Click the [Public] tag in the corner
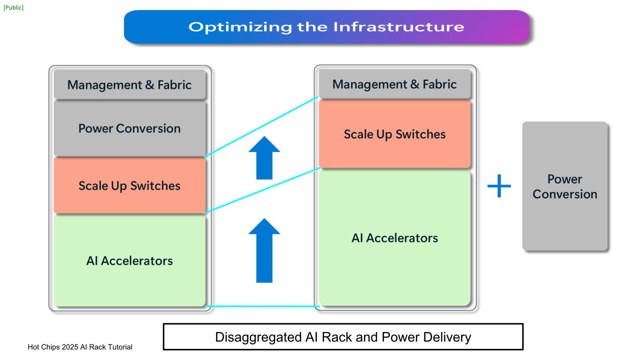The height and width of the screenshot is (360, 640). (x=14, y=8)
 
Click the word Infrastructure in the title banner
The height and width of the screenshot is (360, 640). (x=398, y=27)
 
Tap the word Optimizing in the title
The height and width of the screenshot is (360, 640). (x=240, y=27)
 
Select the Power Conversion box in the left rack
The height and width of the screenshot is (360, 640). (x=130, y=128)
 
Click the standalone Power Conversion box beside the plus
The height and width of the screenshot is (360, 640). (x=565, y=186)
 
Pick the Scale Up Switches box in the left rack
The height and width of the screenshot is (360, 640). (x=130, y=186)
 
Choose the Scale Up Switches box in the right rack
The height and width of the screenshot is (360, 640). (x=395, y=134)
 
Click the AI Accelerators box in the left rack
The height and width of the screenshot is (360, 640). (x=130, y=261)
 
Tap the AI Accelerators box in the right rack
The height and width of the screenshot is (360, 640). (x=395, y=238)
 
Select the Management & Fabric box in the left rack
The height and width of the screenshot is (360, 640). (x=130, y=85)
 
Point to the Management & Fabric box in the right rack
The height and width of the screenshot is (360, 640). (x=395, y=84)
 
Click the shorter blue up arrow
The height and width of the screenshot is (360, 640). (x=264, y=158)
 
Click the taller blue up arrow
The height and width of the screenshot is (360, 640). (x=264, y=250)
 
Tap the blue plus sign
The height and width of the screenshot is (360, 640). (x=499, y=186)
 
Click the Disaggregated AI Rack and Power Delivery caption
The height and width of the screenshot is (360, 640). (x=343, y=337)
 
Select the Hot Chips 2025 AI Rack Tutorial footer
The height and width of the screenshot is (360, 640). (x=80, y=347)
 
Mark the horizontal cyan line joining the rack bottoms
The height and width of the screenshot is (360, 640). (x=262, y=306)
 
